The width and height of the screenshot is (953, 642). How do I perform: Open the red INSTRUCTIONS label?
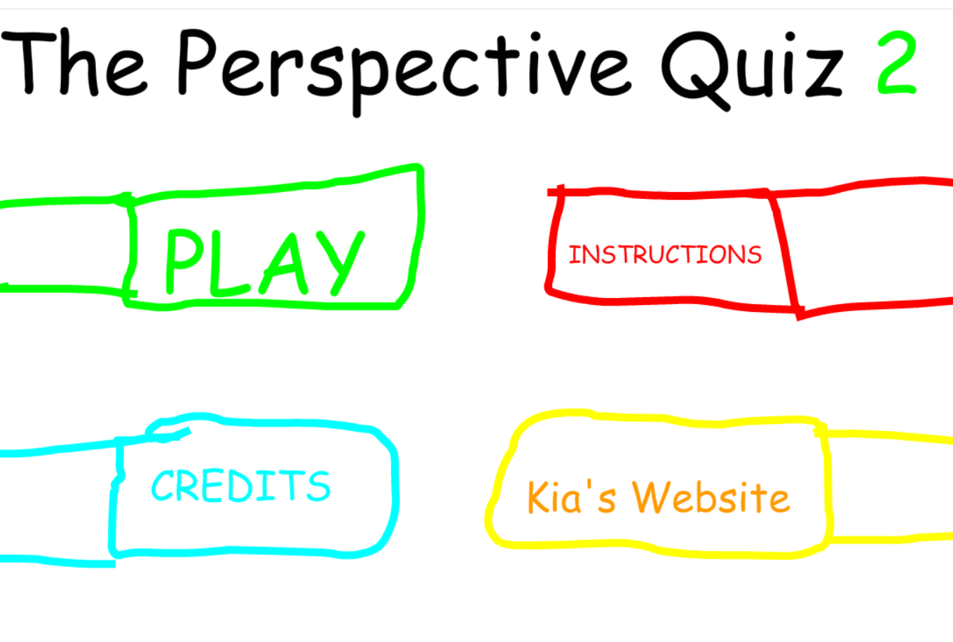(664, 254)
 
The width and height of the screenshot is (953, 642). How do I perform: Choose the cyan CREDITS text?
(240, 486)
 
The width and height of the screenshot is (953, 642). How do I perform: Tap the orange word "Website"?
(711, 498)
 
